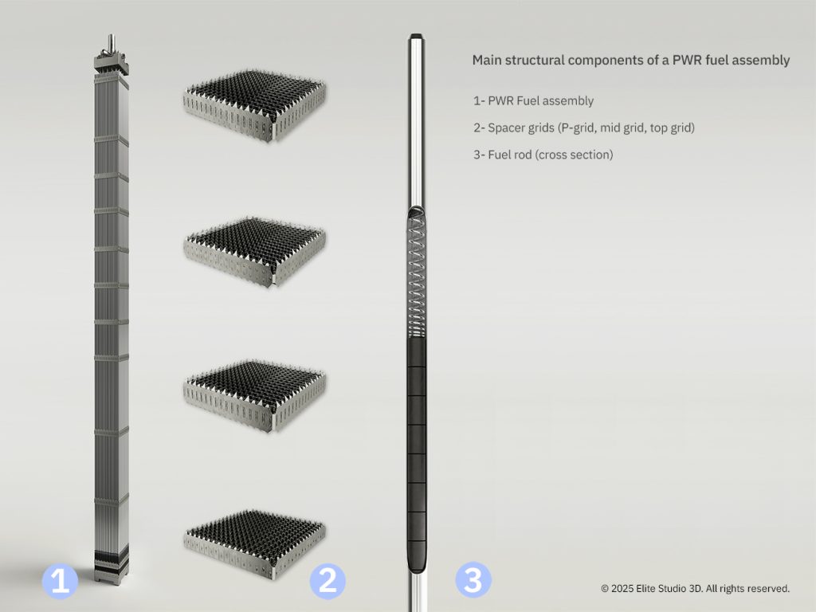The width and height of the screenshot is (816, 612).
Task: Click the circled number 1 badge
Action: [x=60, y=581]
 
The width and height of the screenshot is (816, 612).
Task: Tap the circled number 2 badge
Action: [x=328, y=581]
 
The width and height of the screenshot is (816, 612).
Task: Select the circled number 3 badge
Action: [x=473, y=579]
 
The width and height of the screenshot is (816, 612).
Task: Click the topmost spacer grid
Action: [x=254, y=106]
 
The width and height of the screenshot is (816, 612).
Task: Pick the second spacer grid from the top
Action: [x=254, y=252]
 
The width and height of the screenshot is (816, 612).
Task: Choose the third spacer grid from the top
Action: [x=254, y=396]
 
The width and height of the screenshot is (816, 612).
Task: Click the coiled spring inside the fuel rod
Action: [x=417, y=277]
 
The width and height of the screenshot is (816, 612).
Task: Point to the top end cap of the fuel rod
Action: [x=416, y=37]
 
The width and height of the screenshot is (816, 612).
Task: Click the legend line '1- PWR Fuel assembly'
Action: [x=533, y=101]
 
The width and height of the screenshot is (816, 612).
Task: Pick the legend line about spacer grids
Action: [x=584, y=128]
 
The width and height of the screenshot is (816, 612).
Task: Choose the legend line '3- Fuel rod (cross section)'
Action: [x=543, y=155]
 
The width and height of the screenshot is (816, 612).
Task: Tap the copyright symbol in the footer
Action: [x=605, y=589]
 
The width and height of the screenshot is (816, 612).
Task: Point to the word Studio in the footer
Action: [x=671, y=589]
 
